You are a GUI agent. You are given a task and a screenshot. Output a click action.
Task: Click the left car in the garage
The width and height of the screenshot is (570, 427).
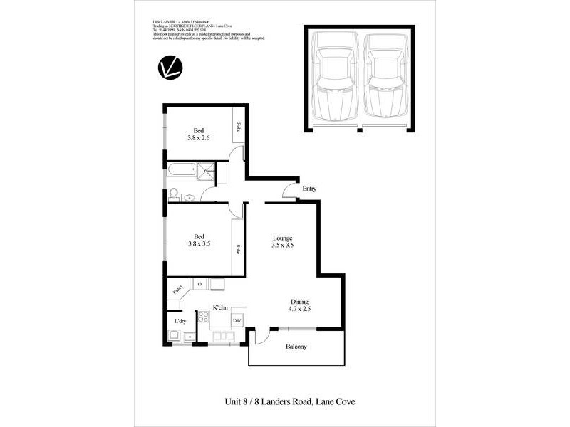tap(335, 78)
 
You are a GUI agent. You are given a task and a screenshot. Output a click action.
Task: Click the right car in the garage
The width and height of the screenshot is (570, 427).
tap(385, 78)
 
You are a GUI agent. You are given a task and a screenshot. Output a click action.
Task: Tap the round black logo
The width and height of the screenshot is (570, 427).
tap(172, 68)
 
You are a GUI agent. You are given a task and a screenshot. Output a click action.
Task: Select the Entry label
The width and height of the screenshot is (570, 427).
tap(309, 189)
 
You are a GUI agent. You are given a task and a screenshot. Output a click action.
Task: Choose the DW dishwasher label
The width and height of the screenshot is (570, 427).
tap(237, 321)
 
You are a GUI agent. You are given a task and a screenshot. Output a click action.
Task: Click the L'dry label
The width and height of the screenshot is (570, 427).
tap(181, 322)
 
